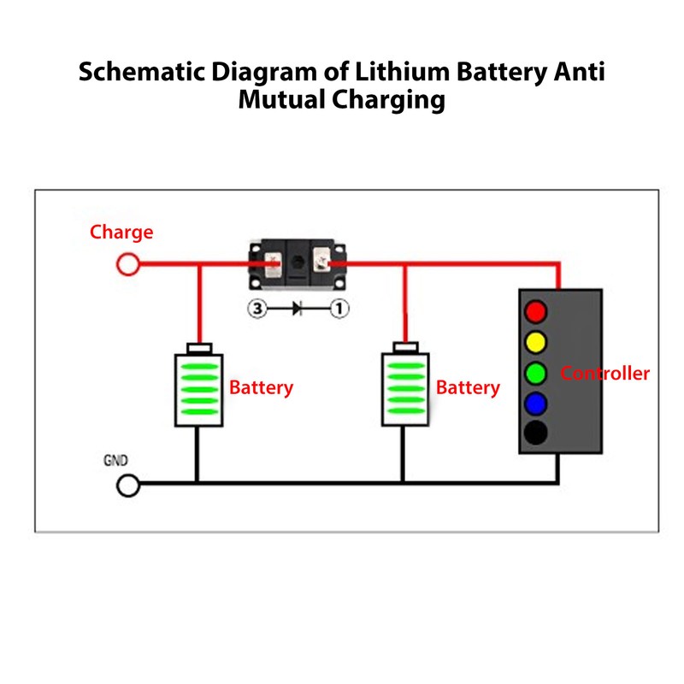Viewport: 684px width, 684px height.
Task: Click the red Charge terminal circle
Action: click(x=127, y=264)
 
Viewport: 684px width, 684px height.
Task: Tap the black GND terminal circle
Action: click(x=128, y=485)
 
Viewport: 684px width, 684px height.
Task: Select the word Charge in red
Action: click(x=121, y=233)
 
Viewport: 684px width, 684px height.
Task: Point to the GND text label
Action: click(x=115, y=460)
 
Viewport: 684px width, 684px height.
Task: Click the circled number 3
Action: click(x=257, y=309)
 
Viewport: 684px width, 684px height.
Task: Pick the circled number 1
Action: click(x=339, y=309)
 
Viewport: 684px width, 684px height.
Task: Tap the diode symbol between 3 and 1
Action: click(x=297, y=309)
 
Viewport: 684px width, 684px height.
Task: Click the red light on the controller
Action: click(x=536, y=311)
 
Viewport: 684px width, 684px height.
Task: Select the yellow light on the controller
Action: click(x=536, y=343)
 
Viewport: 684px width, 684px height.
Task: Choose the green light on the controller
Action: click(x=536, y=373)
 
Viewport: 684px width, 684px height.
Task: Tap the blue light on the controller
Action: click(x=536, y=403)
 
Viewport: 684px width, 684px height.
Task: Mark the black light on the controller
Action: click(x=536, y=433)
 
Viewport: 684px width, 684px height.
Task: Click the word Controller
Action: click(x=604, y=374)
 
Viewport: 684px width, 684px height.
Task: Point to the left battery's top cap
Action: click(x=199, y=348)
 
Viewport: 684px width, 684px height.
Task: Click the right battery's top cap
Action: click(x=405, y=347)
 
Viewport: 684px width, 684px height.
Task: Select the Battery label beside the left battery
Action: click(x=261, y=388)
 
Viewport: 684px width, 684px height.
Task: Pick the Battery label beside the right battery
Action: click(x=468, y=388)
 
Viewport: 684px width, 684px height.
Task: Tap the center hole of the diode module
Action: click(x=298, y=262)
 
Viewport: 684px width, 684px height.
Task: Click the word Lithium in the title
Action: click(x=402, y=71)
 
